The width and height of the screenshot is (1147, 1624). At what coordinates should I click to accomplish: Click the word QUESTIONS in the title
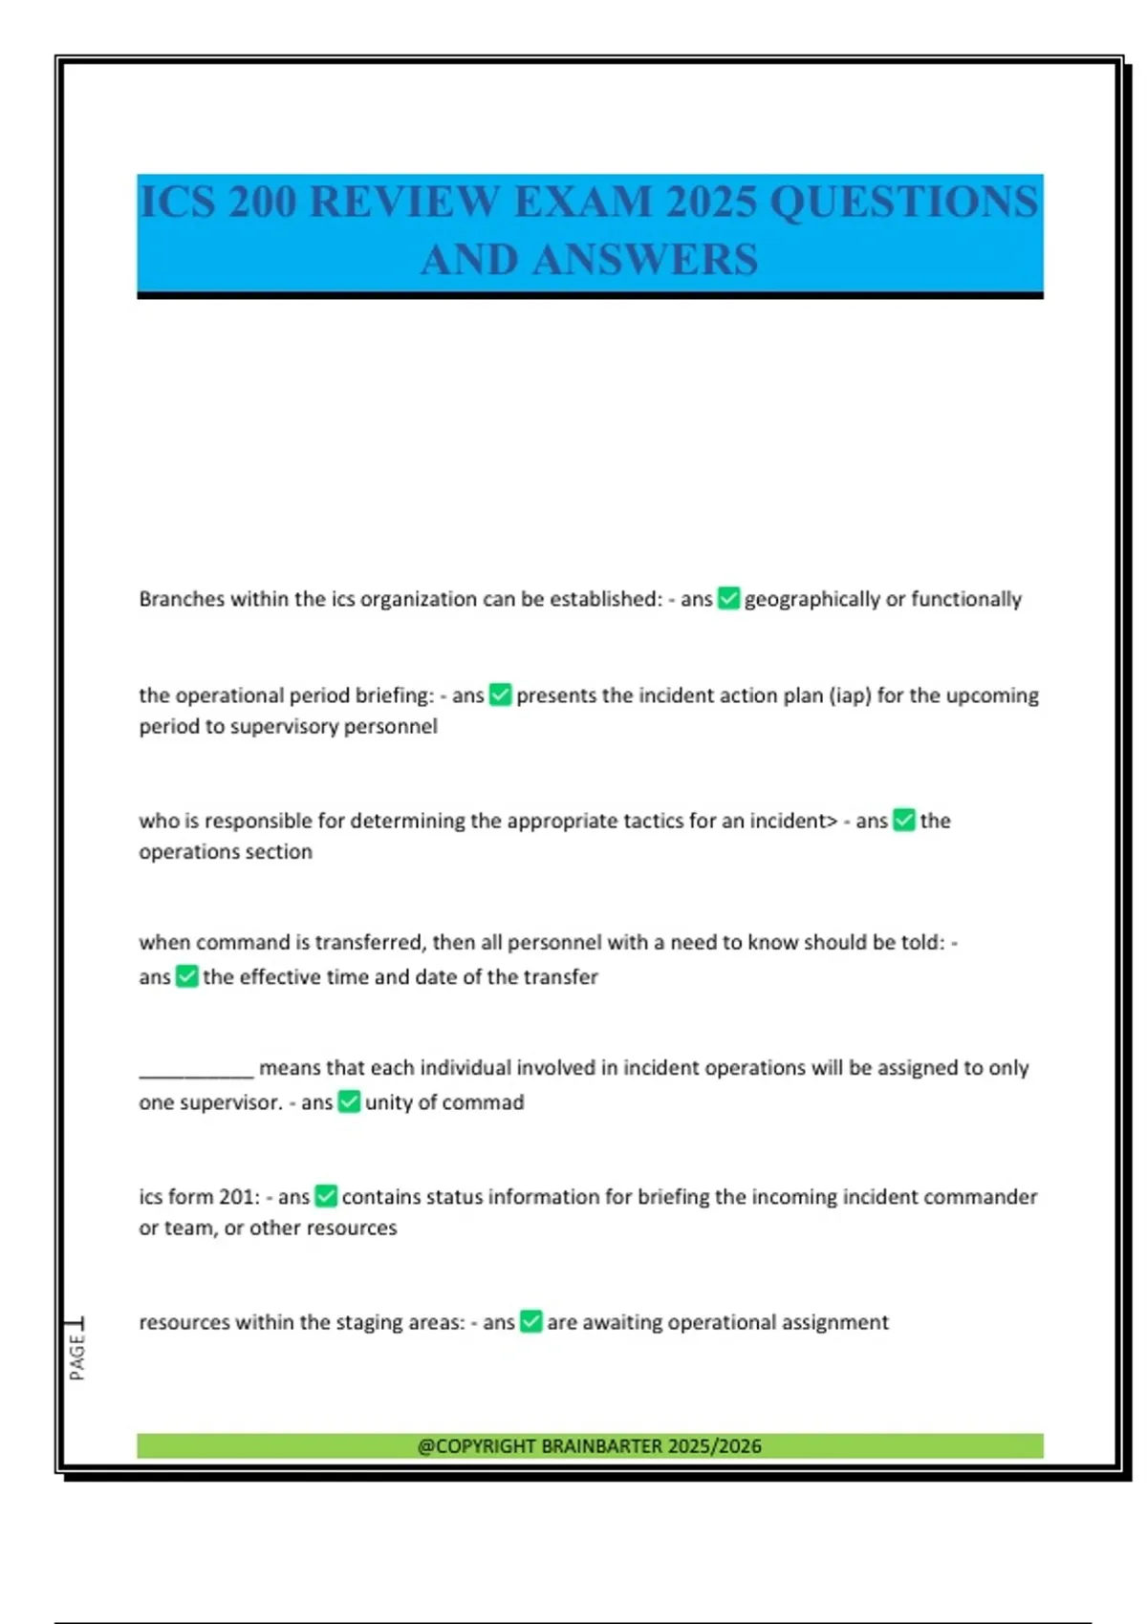(x=903, y=203)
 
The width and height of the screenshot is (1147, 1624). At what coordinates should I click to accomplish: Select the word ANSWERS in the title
(x=645, y=260)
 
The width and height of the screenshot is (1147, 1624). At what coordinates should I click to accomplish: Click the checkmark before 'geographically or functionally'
(x=728, y=599)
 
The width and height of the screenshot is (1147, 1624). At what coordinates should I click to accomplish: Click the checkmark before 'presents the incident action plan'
(x=500, y=694)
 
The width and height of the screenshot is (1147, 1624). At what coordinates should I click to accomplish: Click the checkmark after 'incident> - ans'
(x=903, y=821)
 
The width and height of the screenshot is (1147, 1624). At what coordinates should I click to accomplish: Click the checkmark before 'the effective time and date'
(x=187, y=976)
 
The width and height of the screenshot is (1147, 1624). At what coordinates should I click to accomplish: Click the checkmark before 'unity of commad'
(x=350, y=1102)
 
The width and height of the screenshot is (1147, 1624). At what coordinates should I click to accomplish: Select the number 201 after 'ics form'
(x=238, y=1197)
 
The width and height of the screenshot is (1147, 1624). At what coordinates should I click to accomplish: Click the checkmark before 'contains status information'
(x=326, y=1196)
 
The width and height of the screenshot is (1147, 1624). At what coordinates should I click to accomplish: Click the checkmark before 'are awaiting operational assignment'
(x=531, y=1322)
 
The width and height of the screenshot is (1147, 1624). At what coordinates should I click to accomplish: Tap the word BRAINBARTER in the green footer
(x=601, y=1446)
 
